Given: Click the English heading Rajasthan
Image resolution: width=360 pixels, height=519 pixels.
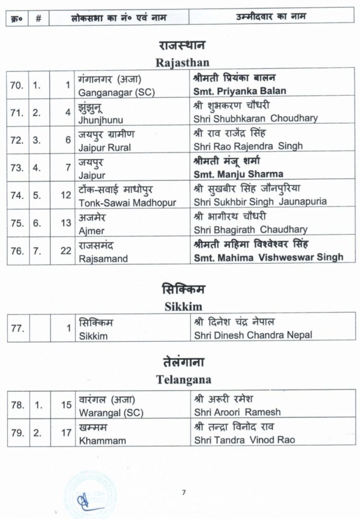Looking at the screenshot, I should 179,63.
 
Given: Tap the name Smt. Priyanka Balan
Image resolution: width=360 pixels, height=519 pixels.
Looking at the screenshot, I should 240,91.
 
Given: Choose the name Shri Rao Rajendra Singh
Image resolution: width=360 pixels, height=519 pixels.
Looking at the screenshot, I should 248,146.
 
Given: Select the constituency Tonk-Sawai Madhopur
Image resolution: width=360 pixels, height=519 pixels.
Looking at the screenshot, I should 128,203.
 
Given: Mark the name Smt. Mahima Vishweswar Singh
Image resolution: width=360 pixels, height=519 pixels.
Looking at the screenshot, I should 268,257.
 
